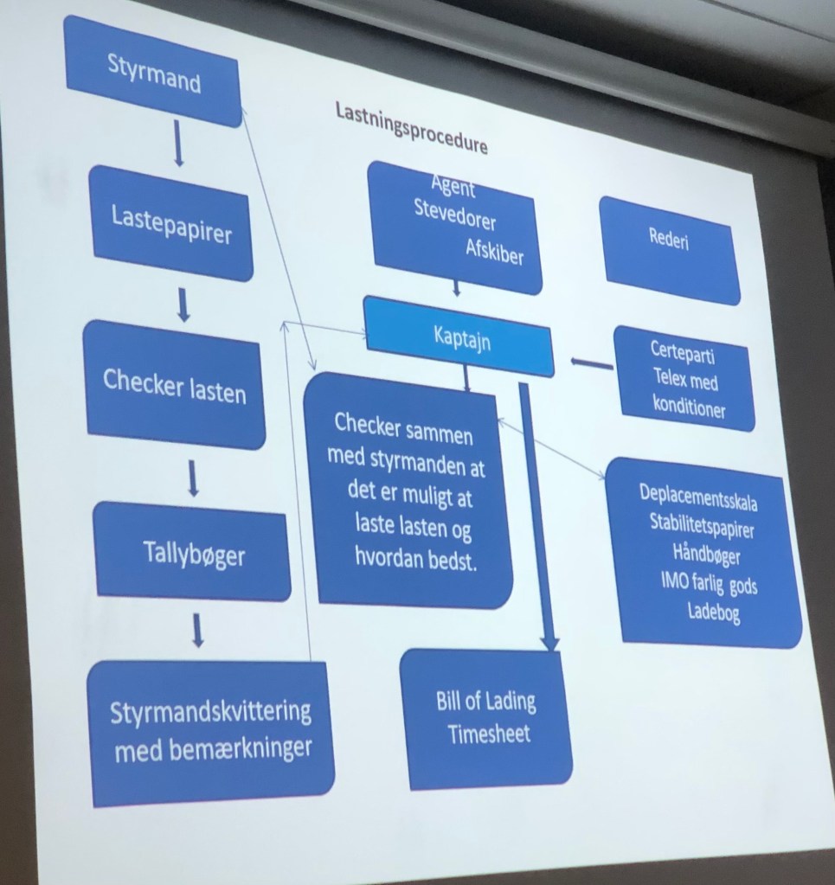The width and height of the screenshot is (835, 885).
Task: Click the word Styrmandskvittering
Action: [x=210, y=713]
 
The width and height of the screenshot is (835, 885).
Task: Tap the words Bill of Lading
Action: [x=485, y=701]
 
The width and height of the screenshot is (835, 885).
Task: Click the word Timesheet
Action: [x=489, y=734]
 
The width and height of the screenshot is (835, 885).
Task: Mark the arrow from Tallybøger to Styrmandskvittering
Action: [x=198, y=631]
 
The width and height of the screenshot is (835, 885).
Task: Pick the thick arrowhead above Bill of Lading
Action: [x=549, y=640]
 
